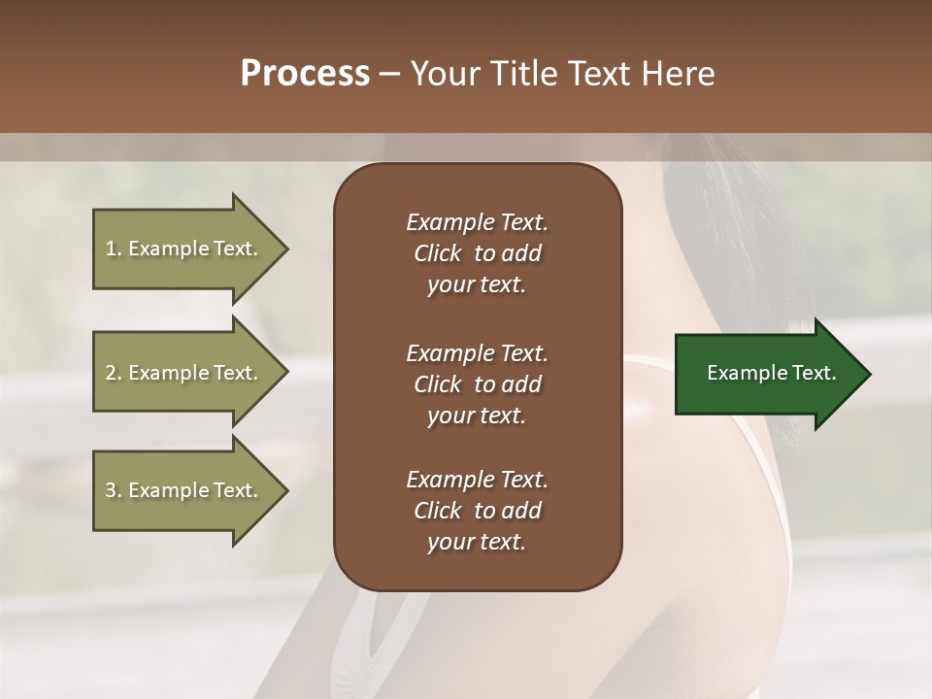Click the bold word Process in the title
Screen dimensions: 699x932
tap(305, 74)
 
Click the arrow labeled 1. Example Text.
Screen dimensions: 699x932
tap(184, 249)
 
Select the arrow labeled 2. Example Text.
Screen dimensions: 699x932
tap(184, 373)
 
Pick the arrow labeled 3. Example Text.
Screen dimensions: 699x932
tap(184, 490)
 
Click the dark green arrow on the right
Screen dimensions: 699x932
tap(767, 373)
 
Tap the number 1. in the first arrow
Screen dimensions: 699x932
tap(114, 249)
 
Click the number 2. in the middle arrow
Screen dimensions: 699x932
tap(114, 373)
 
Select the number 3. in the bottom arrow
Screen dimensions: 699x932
tap(114, 490)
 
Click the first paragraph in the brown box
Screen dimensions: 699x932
tap(477, 253)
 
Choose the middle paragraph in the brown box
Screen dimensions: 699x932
tap(477, 383)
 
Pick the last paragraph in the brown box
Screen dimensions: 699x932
tap(477, 511)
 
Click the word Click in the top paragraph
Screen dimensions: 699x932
tap(437, 253)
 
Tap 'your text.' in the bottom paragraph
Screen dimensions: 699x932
tap(477, 542)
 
